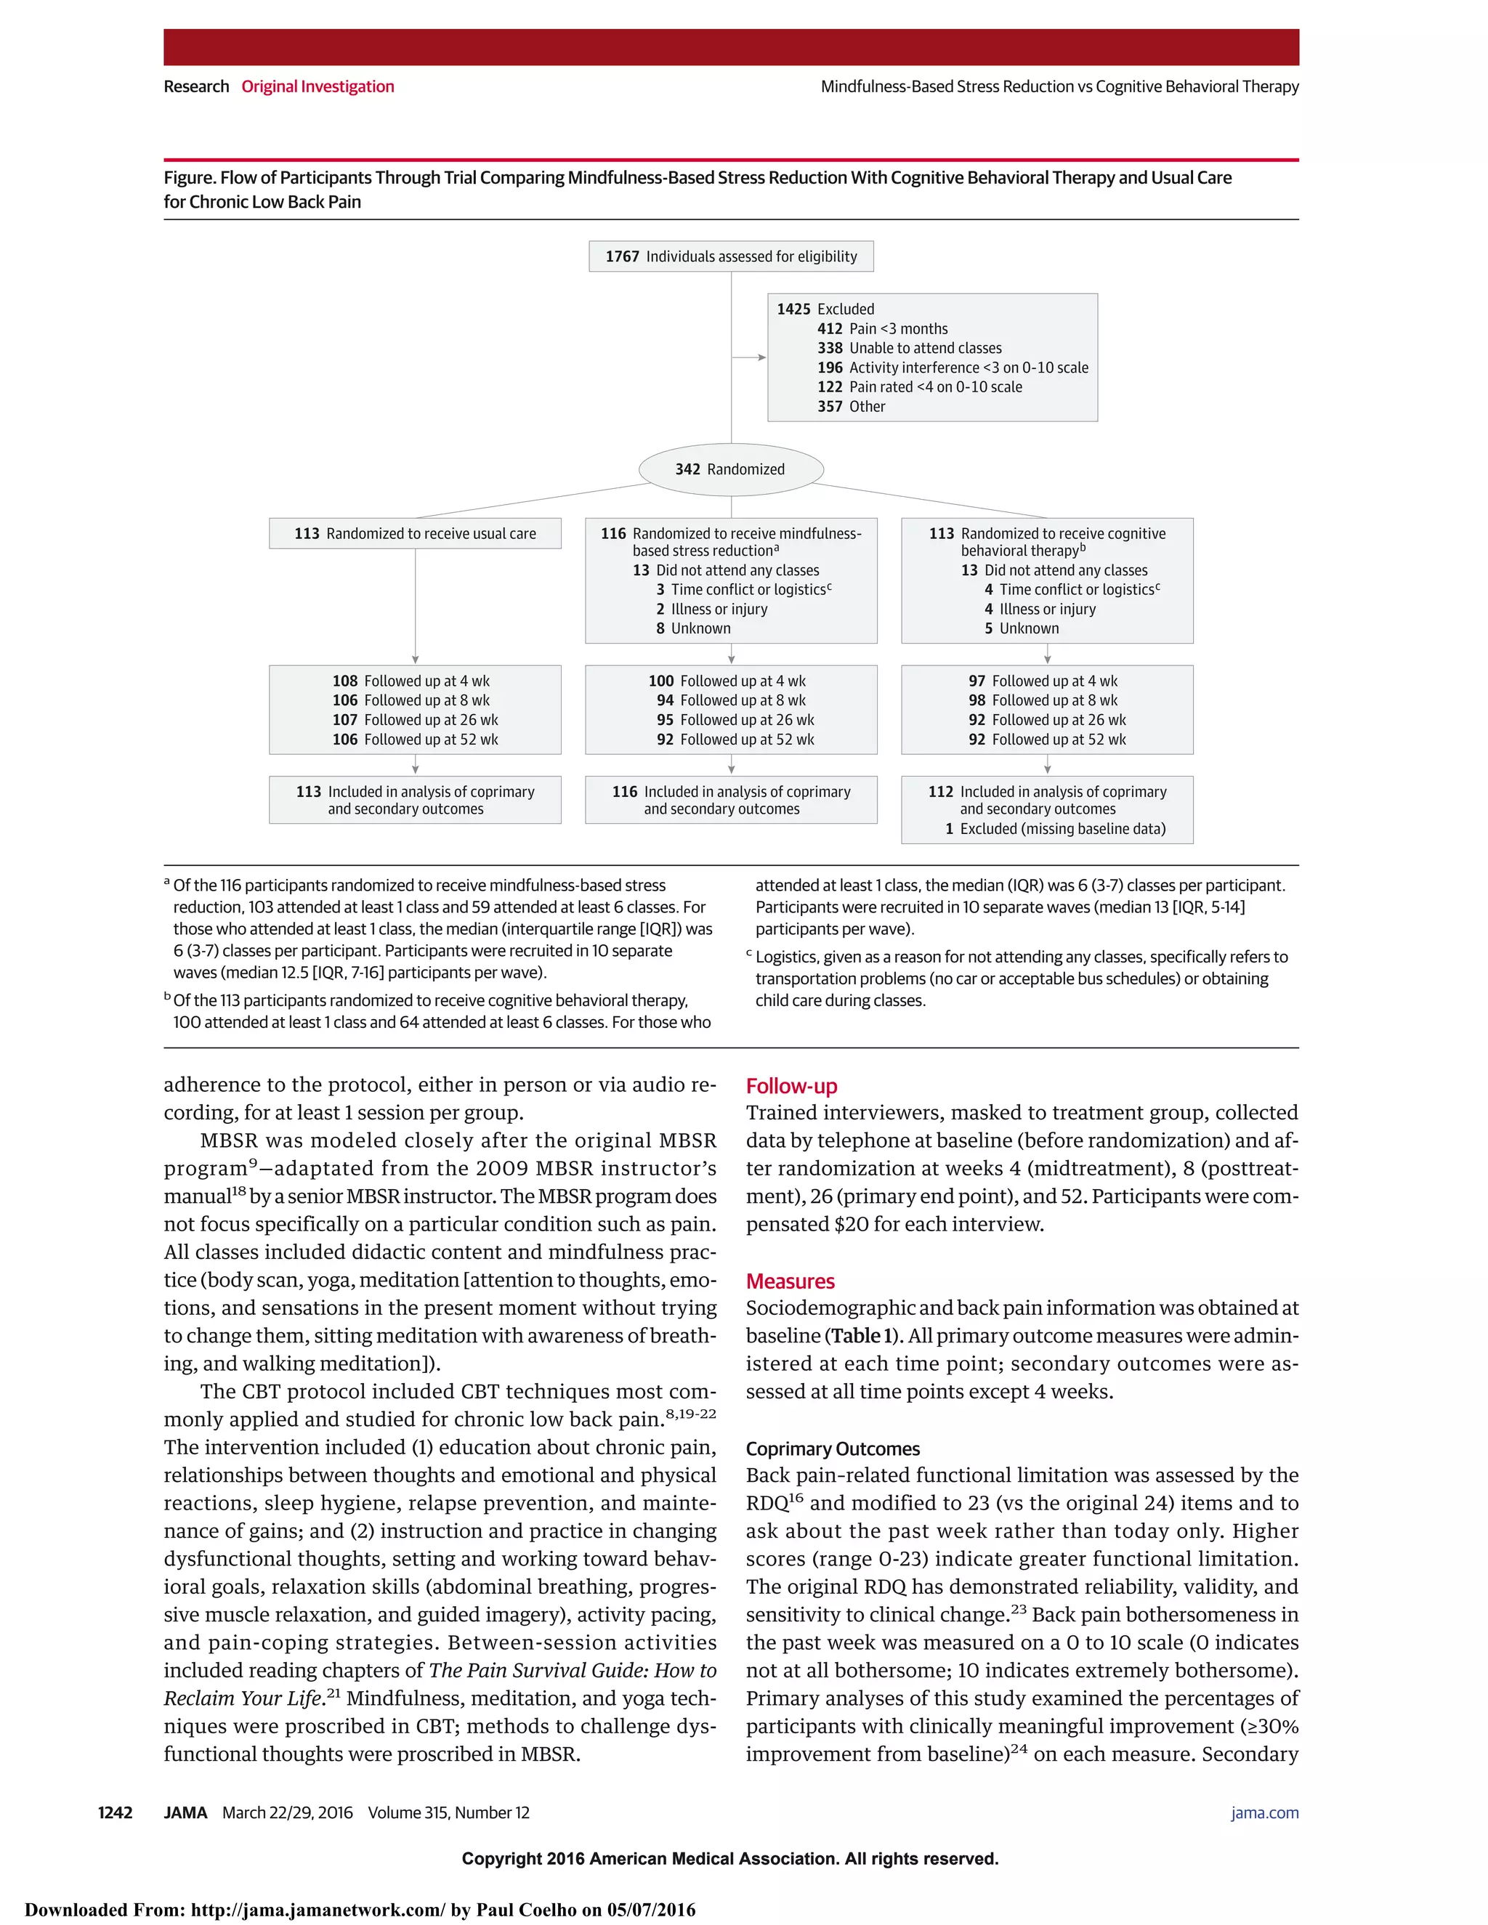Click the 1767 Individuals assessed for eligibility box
731,256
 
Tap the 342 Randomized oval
731,469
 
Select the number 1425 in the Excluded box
793,309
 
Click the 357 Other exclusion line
852,406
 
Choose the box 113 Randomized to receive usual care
415,533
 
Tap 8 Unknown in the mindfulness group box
694,628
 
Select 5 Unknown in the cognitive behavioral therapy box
1022,628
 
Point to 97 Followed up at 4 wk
1043,681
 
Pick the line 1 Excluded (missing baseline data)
1055,829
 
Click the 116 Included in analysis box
731,800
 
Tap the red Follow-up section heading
790,1086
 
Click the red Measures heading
790,1281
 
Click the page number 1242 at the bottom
116,1812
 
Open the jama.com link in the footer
1264,1812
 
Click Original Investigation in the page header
318,86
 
